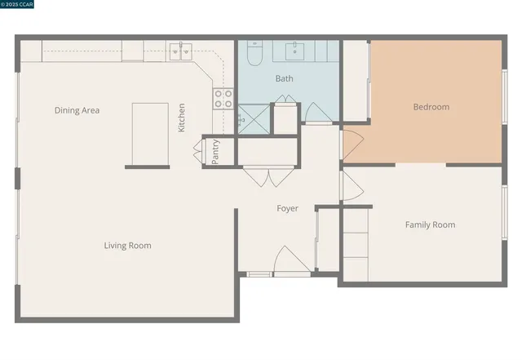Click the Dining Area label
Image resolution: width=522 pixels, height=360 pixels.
(x=77, y=110)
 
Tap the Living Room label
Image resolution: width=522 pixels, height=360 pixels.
(x=127, y=246)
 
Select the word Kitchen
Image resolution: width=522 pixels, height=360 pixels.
(x=182, y=117)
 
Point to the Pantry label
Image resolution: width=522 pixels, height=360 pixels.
(x=215, y=152)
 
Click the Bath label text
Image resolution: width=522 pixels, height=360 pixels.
(x=284, y=79)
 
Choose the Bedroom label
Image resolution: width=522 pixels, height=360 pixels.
(x=431, y=107)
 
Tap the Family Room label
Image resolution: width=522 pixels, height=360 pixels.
(x=430, y=224)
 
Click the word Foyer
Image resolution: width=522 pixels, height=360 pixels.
(x=287, y=209)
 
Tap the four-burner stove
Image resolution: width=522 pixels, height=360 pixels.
(x=223, y=99)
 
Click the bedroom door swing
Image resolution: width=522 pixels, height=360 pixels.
(x=351, y=145)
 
